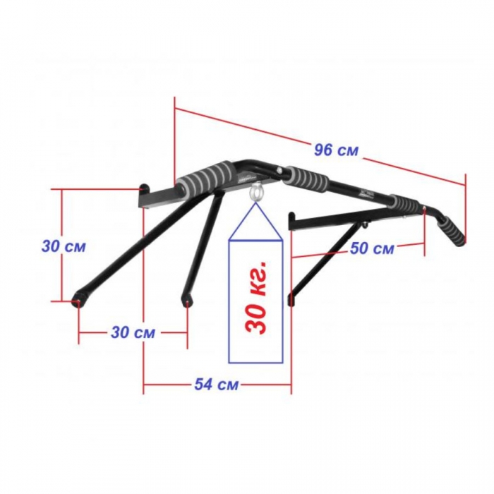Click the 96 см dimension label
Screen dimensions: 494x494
tap(336, 150)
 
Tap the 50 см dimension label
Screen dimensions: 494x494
tap(372, 248)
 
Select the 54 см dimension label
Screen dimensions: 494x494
tap(216, 385)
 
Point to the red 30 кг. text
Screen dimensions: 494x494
tap(257, 297)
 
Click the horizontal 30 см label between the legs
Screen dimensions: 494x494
tap(133, 332)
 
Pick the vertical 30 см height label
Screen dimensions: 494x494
tap(64, 246)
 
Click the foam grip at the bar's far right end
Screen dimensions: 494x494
tap(451, 231)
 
